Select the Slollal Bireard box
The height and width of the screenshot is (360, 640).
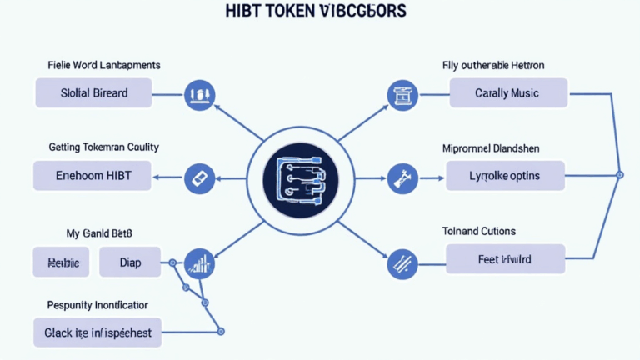(93, 92)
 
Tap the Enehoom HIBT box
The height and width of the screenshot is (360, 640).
(93, 176)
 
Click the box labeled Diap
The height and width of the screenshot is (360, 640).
(129, 262)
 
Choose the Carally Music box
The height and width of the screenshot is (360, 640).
(507, 93)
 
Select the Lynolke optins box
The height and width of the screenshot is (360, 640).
(505, 176)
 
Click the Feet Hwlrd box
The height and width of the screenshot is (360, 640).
(505, 259)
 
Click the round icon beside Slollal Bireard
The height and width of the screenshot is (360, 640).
(199, 93)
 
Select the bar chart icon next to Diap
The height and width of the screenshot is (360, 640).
(199, 263)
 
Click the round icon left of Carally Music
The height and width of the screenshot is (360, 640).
(402, 94)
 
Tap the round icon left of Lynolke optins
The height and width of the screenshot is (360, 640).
(402, 177)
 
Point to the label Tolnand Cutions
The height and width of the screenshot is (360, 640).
(478, 231)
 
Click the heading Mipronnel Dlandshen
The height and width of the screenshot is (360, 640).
(490, 148)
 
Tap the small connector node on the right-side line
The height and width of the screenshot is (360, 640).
(618, 175)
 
